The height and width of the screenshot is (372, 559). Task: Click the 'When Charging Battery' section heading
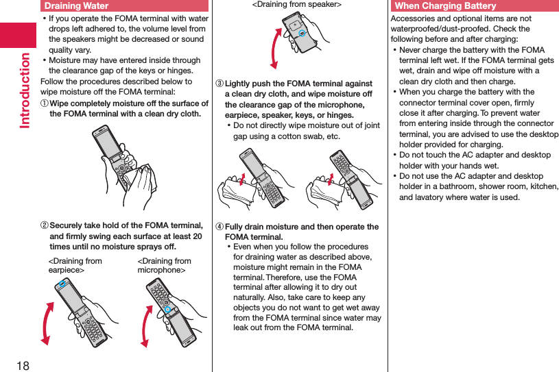[x=445, y=6]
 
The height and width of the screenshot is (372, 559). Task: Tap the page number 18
[x=22, y=365]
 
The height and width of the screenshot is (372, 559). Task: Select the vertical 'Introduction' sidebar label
[x=25, y=90]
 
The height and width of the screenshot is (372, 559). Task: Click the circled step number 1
[x=45, y=104]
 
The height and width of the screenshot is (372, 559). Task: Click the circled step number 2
[x=45, y=226]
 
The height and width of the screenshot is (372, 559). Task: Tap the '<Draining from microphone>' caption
[x=165, y=265]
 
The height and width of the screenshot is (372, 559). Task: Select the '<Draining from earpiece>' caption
[x=75, y=265]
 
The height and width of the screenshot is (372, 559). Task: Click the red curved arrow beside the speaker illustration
[x=274, y=47]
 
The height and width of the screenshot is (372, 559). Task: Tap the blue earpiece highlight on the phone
[x=62, y=284]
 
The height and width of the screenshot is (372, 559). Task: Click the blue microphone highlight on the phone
[x=165, y=310]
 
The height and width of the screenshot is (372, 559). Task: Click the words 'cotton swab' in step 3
[x=309, y=136]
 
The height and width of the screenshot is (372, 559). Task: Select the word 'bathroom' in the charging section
[x=461, y=186]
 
